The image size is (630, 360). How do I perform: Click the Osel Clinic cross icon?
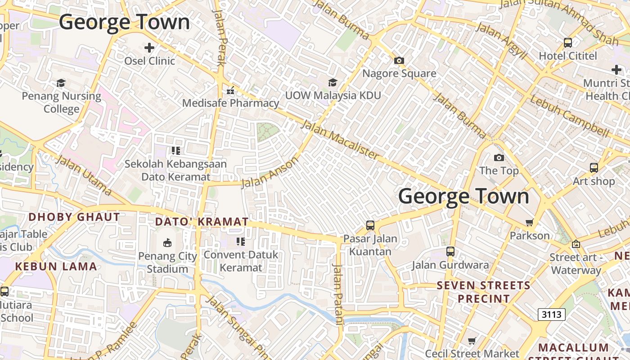pyautogui.click(x=149, y=47)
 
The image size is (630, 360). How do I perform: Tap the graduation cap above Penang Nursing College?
pyautogui.click(x=61, y=83)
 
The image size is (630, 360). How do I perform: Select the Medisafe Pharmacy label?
pyautogui.click(x=230, y=103)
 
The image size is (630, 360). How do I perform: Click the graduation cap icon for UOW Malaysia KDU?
pyautogui.click(x=333, y=82)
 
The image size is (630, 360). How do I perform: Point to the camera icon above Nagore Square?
pyautogui.click(x=399, y=60)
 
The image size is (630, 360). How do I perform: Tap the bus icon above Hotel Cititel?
pyautogui.click(x=568, y=43)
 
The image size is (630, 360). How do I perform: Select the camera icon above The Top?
pyautogui.click(x=499, y=157)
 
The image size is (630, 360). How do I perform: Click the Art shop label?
pyautogui.click(x=594, y=181)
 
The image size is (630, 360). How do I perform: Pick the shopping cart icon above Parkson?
pyautogui.click(x=530, y=222)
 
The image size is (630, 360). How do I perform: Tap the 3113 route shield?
pyautogui.click(x=552, y=314)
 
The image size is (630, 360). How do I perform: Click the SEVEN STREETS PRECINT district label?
pyautogui.click(x=484, y=292)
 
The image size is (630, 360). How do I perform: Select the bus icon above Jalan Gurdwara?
pyautogui.click(x=450, y=252)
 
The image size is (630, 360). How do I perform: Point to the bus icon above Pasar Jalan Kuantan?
pyautogui.click(x=370, y=225)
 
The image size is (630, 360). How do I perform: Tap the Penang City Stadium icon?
pyautogui.click(x=167, y=243)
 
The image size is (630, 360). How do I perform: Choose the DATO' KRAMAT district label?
pyautogui.click(x=202, y=221)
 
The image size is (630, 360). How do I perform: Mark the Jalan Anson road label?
pyautogui.click(x=270, y=172)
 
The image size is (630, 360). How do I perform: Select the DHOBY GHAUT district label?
pyautogui.click(x=74, y=217)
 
